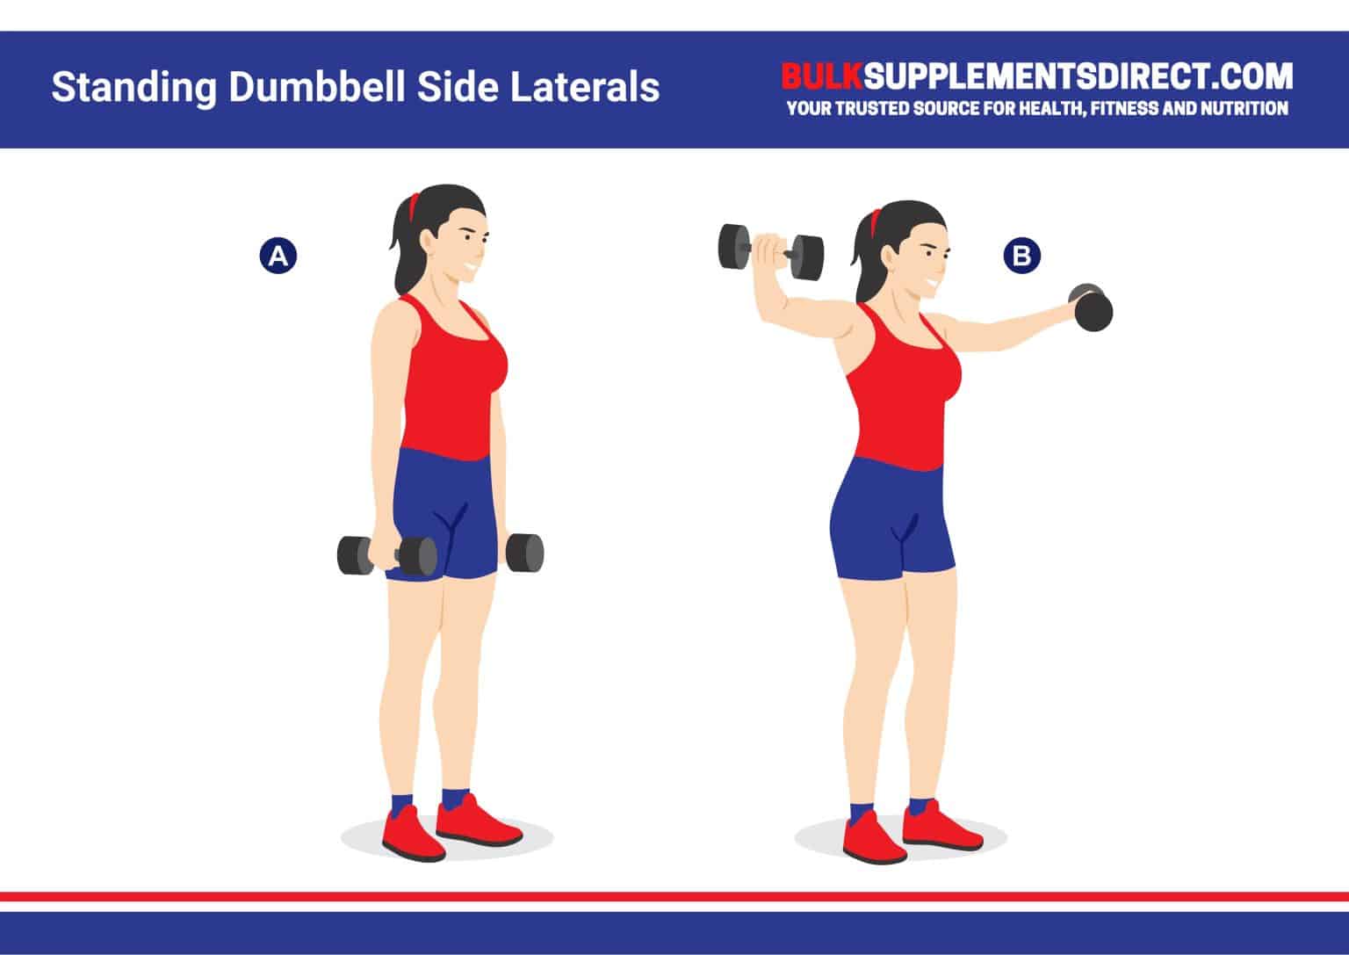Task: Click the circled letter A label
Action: [x=278, y=256]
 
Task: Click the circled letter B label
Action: [x=1021, y=256]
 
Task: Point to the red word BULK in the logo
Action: [x=822, y=77]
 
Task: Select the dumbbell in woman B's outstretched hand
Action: [x=1090, y=308]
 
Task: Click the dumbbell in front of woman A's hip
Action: [x=386, y=555]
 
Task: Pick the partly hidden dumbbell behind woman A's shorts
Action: [x=524, y=553]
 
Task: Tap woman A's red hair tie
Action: [x=415, y=206]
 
